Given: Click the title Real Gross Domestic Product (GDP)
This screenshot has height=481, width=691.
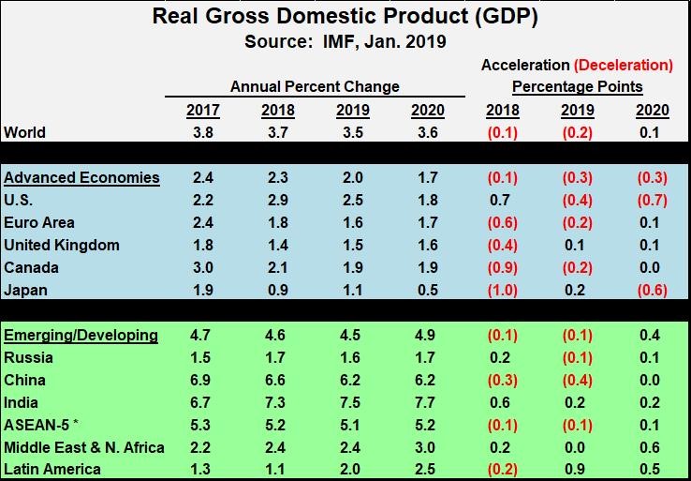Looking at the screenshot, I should pyautogui.click(x=345, y=17).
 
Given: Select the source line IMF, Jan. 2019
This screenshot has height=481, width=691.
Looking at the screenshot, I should pyautogui.click(x=345, y=41).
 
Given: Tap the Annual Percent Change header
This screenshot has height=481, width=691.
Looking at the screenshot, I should pyautogui.click(x=315, y=86).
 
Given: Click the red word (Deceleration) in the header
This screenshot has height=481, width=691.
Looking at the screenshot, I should pyautogui.click(x=624, y=65).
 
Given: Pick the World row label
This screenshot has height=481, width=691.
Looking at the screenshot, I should pyautogui.click(x=24, y=132).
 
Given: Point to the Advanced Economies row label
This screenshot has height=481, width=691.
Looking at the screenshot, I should pyautogui.click(x=81, y=177).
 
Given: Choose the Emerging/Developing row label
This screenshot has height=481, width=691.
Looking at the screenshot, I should pyautogui.click(x=81, y=335).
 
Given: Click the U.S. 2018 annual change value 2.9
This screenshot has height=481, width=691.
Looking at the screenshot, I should pyautogui.click(x=278, y=200).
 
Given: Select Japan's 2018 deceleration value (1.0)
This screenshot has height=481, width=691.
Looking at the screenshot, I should pyautogui.click(x=503, y=290).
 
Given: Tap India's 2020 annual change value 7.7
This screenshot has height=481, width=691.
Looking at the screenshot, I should pyautogui.click(x=428, y=402).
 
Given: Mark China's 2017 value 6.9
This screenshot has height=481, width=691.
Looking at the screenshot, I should pyautogui.click(x=203, y=380).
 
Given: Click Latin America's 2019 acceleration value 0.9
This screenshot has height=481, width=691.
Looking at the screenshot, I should pyautogui.click(x=578, y=470).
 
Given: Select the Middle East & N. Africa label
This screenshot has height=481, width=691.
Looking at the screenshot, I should pyautogui.click(x=84, y=447).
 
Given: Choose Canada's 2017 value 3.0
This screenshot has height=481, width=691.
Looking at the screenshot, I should pyautogui.click(x=203, y=267).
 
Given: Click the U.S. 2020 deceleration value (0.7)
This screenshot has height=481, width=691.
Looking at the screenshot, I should pyautogui.click(x=652, y=200).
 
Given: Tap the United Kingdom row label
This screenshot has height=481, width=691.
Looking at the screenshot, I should pyautogui.click(x=62, y=245).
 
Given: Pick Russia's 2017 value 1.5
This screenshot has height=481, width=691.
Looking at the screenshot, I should pyautogui.click(x=203, y=357).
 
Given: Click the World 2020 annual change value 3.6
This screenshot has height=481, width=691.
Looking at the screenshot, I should pyautogui.click(x=428, y=132).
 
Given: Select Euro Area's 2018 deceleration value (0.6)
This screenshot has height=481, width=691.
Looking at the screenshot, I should pyautogui.click(x=503, y=222).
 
